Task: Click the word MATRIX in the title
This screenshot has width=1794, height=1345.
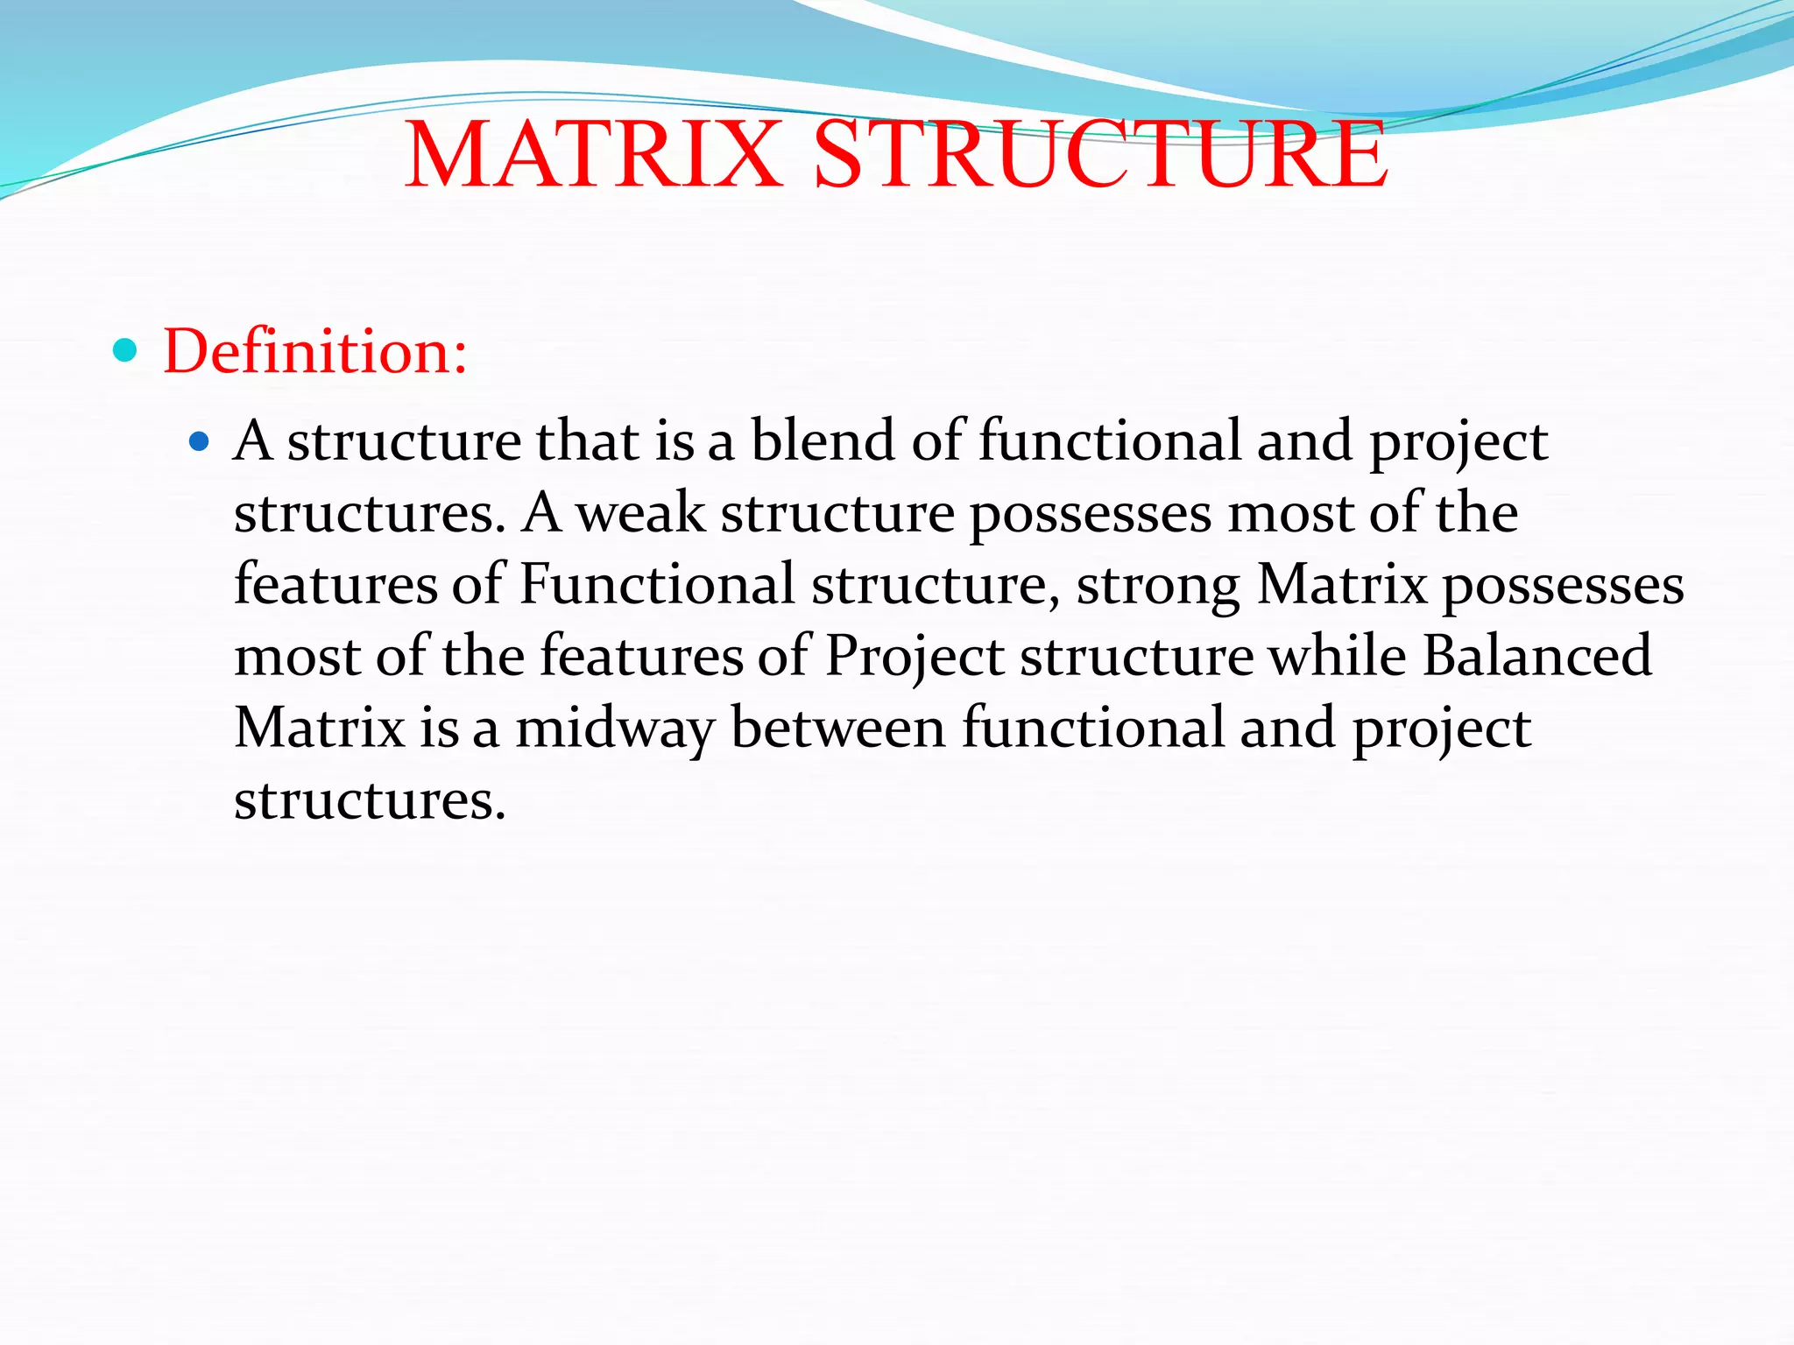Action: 593,155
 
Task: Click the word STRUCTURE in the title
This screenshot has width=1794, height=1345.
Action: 1100,155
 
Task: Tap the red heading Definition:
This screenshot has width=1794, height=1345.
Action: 315,351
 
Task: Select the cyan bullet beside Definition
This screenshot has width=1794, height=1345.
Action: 126,350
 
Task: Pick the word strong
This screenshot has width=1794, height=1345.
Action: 1157,585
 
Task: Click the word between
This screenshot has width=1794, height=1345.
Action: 838,728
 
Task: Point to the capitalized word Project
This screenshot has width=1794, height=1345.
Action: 915,657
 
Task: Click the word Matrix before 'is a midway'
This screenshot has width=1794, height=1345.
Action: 320,728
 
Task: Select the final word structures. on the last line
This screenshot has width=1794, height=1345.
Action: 370,800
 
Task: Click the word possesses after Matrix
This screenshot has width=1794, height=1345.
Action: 1563,586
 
